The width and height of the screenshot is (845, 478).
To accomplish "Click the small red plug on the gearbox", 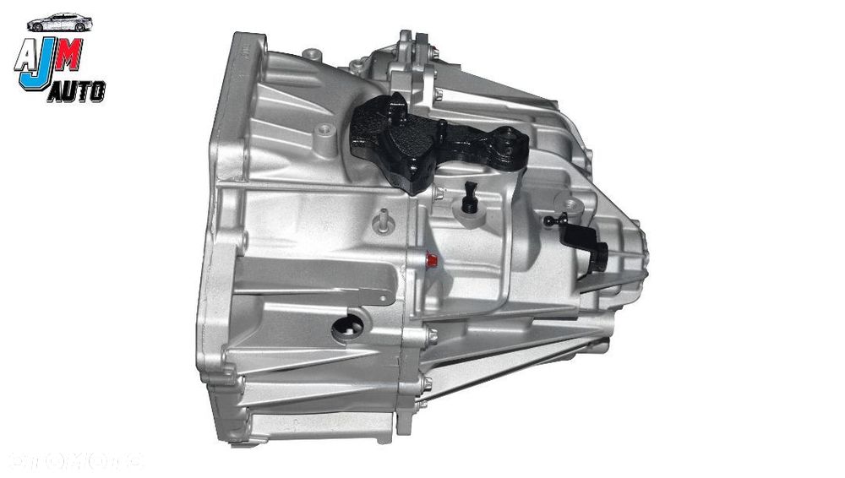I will (x=433, y=260).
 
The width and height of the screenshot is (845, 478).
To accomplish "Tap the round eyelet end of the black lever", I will (x=510, y=138).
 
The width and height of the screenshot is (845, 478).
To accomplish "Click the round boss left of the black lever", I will (x=323, y=132).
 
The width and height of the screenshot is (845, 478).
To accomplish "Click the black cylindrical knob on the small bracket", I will (x=599, y=256).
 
